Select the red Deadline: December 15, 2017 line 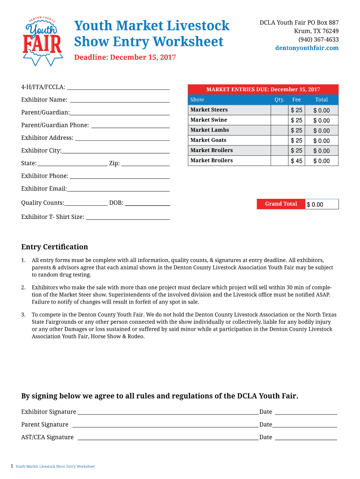click(x=125, y=58)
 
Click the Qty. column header click(x=280, y=100)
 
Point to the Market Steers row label click(x=209, y=110)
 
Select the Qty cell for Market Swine click(x=280, y=120)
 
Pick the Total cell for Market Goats click(x=322, y=141)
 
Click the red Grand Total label click(x=281, y=204)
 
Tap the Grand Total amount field click(x=322, y=204)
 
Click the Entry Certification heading click(x=55, y=247)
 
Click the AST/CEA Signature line click(x=168, y=437)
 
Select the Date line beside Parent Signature click(x=305, y=424)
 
